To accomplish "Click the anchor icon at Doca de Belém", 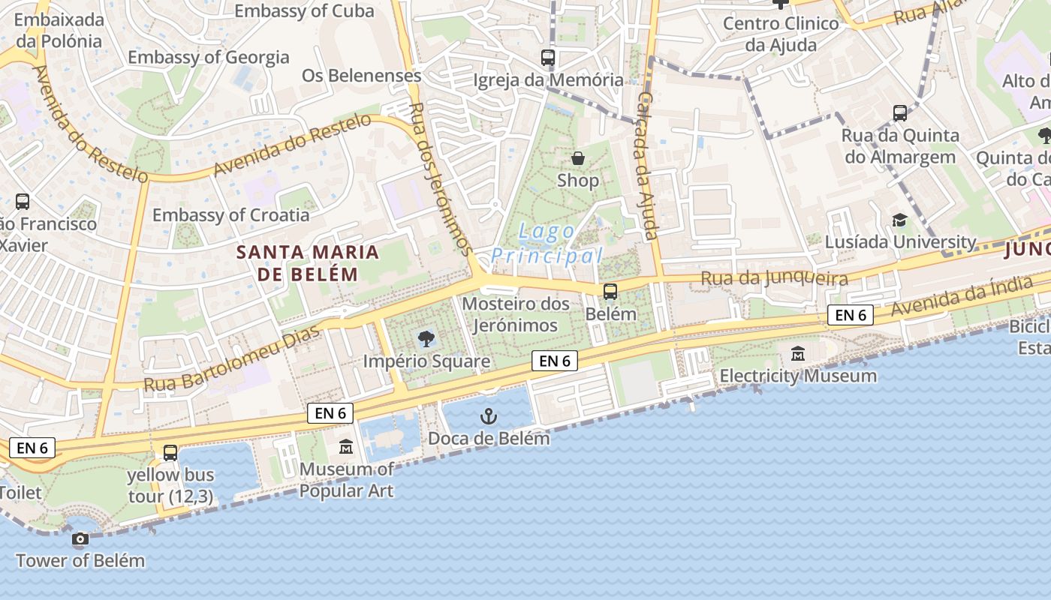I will click(x=489, y=416).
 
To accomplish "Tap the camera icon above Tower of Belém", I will click(x=80, y=538).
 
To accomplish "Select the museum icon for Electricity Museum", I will click(x=798, y=353).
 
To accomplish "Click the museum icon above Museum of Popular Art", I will click(x=345, y=447).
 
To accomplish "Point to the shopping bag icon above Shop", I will click(x=578, y=158).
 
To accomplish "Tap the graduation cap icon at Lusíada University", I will click(x=899, y=220).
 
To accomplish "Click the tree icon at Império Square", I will click(x=426, y=339).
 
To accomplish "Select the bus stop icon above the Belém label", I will click(x=610, y=292).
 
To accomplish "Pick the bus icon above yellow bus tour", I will click(x=170, y=453).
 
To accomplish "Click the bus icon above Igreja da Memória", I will click(x=548, y=57).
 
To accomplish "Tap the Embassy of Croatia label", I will click(x=230, y=215).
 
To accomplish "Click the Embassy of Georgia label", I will click(x=208, y=57).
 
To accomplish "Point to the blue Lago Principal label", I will click(x=547, y=244).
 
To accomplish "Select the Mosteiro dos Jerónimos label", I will click(x=510, y=314).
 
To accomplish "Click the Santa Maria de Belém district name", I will click(x=308, y=262).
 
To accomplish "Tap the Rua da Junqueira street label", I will click(x=774, y=279).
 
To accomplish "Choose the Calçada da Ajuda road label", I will click(x=646, y=165).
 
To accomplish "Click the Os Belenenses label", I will click(x=361, y=76).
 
